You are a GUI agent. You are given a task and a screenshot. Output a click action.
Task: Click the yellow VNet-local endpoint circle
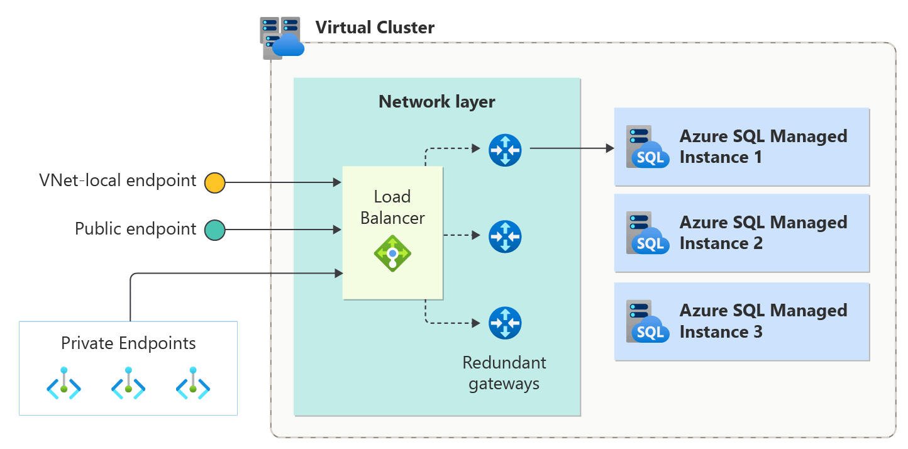click(214, 183)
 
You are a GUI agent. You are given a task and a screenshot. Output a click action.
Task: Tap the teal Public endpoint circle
click(214, 230)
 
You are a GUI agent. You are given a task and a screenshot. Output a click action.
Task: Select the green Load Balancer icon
click(392, 253)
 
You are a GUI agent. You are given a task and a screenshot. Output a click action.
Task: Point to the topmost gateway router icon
click(505, 150)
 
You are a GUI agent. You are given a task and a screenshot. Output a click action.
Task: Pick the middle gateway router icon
click(505, 236)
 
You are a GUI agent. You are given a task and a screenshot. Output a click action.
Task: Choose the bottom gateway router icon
click(505, 323)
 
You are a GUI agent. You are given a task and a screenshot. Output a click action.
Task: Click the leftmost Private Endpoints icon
click(64, 383)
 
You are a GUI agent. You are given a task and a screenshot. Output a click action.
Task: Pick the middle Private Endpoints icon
click(128, 383)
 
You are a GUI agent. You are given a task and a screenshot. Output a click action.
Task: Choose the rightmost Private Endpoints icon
click(192, 383)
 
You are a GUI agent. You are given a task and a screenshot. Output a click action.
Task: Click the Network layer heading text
click(436, 102)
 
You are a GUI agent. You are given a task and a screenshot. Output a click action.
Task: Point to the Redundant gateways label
click(504, 373)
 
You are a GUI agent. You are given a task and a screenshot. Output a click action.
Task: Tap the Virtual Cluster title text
click(375, 28)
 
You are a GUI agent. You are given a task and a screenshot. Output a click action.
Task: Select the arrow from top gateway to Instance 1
click(572, 149)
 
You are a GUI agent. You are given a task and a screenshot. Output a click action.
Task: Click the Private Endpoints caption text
click(128, 343)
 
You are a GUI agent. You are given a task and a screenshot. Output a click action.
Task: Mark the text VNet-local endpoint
click(118, 181)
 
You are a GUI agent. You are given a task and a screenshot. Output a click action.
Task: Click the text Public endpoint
click(136, 228)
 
